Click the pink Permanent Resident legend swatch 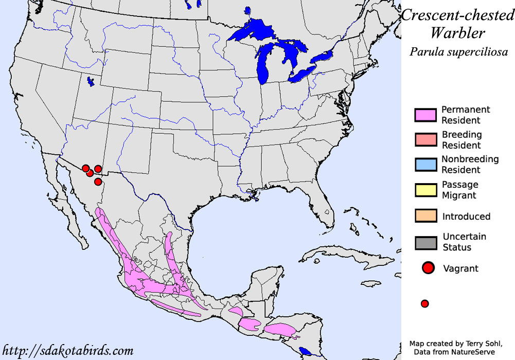pos(424,115)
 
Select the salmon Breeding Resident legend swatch pos(424,140)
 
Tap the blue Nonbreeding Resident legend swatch pos(424,165)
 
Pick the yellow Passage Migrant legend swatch pos(424,190)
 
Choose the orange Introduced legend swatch pos(424,216)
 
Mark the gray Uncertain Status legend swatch pos(424,242)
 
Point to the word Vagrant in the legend pos(460,268)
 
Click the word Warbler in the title pos(457,33)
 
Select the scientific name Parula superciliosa pos(458,52)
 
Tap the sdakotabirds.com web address pos(67,351)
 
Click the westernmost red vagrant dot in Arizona pos(85,168)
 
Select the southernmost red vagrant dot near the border pos(98,182)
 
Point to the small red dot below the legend pos(424,303)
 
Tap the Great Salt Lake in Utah pos(91,81)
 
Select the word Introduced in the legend pos(466,217)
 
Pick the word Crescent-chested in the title pos(457,15)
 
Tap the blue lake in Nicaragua pos(305,352)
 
